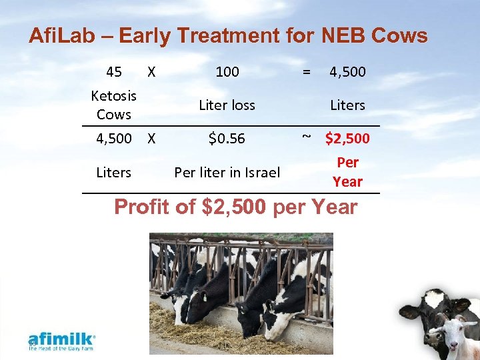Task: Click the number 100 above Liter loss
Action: (227, 71)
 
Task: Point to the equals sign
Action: (306, 71)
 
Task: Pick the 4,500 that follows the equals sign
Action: (347, 71)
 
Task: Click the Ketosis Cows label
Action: (113, 105)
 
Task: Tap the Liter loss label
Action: (227, 105)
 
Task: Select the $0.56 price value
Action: (227, 139)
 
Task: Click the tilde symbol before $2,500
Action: (306, 137)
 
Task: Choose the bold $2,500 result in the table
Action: (347, 139)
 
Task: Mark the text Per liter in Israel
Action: (227, 173)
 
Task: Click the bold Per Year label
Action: (347, 172)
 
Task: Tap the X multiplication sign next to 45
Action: (151, 71)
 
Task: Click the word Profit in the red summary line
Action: (143, 207)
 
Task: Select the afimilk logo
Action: (61, 341)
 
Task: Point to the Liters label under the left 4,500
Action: (113, 173)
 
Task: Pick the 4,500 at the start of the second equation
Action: (113, 139)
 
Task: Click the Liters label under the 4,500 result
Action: (347, 105)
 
